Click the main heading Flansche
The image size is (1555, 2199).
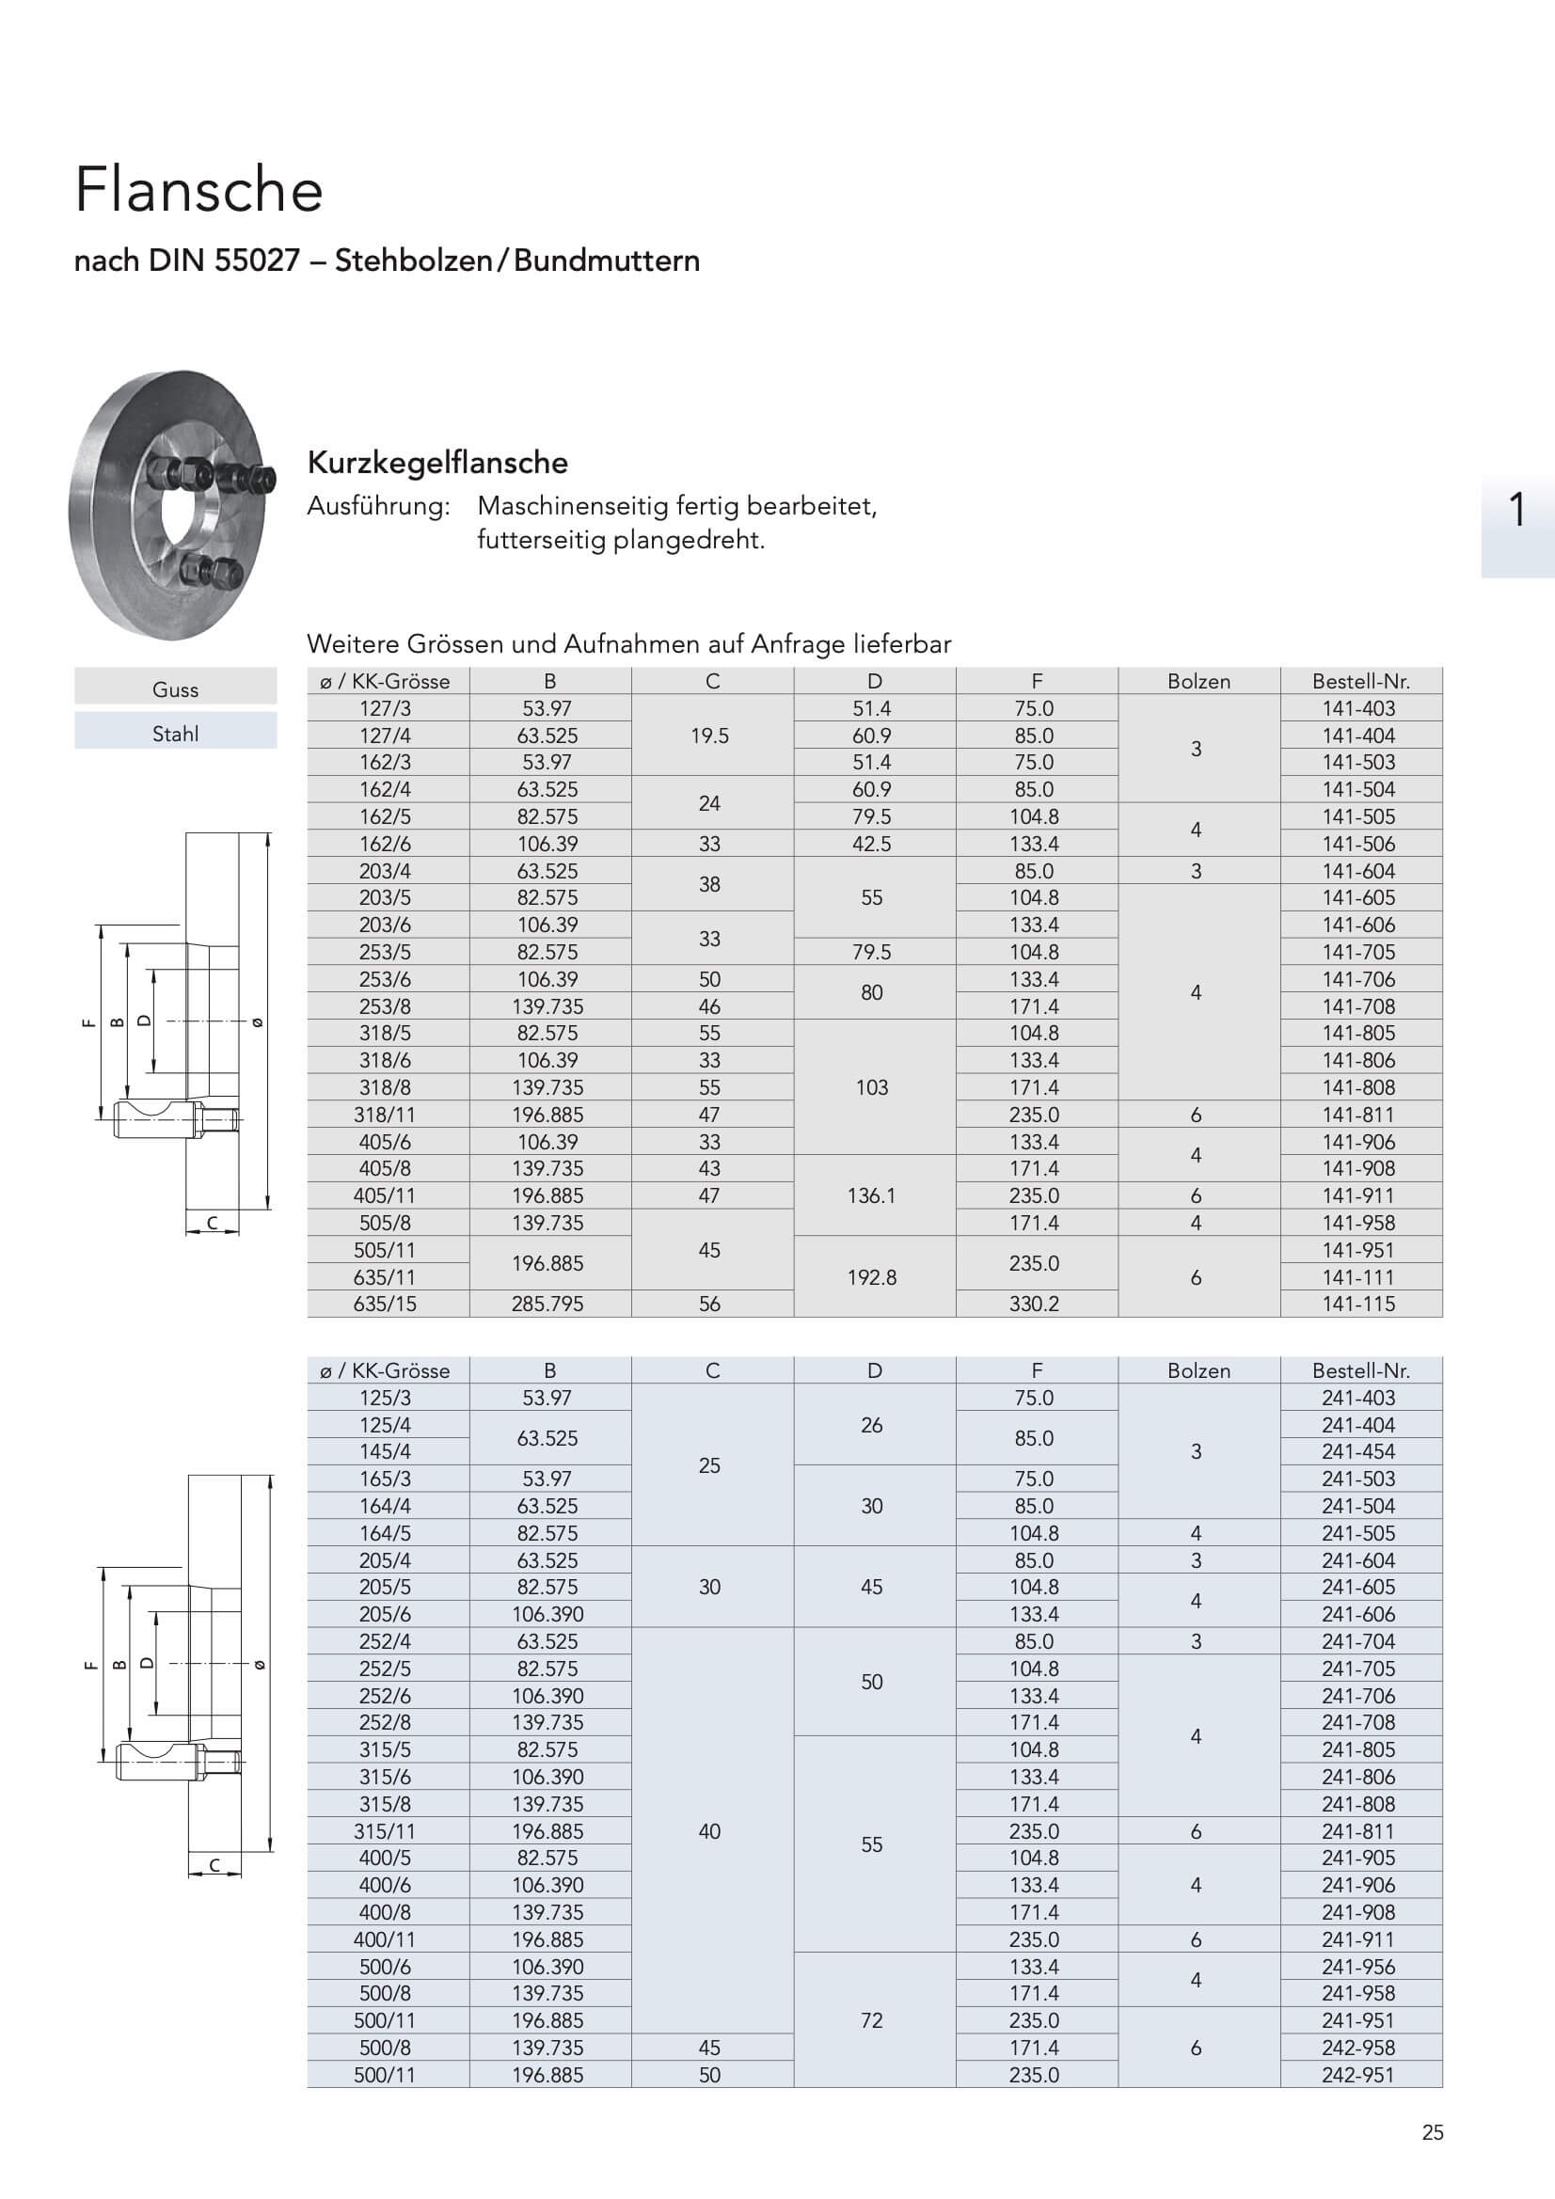pos(199,190)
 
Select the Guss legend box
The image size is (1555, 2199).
pos(175,689)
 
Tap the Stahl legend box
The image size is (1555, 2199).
pos(175,734)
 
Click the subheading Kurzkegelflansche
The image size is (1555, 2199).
pos(436,463)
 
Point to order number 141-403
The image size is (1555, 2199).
pos(1358,709)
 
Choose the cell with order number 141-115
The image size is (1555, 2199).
pos(1358,1304)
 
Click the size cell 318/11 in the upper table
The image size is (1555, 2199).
pos(385,1115)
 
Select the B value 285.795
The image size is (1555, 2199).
pos(547,1304)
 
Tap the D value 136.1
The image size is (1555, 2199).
pos(872,1195)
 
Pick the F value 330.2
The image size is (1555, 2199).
pos(1034,1304)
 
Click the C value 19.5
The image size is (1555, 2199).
pos(710,736)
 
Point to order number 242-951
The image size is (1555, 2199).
pos(1358,2075)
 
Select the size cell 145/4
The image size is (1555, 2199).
pos(385,1452)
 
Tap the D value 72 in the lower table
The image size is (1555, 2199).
pos(872,2020)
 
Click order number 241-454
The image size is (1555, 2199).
pos(1358,1452)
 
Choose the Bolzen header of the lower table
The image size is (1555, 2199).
pos(1198,1370)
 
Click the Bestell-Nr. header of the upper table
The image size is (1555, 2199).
pos(1360,681)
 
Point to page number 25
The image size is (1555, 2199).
pos(1433,2133)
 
